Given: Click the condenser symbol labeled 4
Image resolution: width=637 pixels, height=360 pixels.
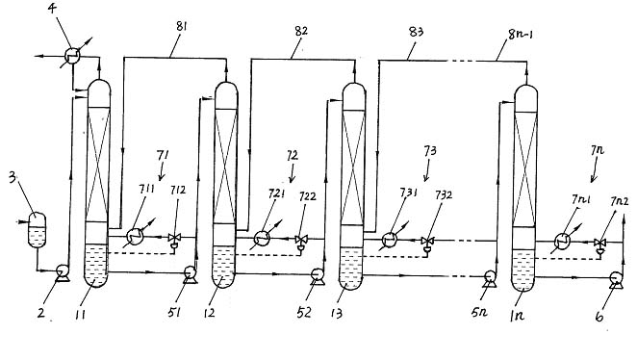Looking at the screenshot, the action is coord(72,54).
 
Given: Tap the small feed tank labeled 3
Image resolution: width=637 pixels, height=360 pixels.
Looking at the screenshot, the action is coord(37,229).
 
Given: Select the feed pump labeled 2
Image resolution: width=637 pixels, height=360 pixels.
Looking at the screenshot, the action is coord(63,272).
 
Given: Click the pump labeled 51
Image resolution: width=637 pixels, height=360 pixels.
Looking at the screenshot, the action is coord(190,274).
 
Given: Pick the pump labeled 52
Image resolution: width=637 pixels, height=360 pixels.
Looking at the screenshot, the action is coord(318,276).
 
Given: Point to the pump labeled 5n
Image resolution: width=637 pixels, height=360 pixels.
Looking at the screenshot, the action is coord(489,278).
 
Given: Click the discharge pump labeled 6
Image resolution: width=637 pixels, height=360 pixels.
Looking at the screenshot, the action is coord(616,279).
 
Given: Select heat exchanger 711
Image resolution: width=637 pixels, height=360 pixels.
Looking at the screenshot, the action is coord(135,237).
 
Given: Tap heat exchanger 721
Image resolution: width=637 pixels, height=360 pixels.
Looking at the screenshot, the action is coord(263,238).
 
